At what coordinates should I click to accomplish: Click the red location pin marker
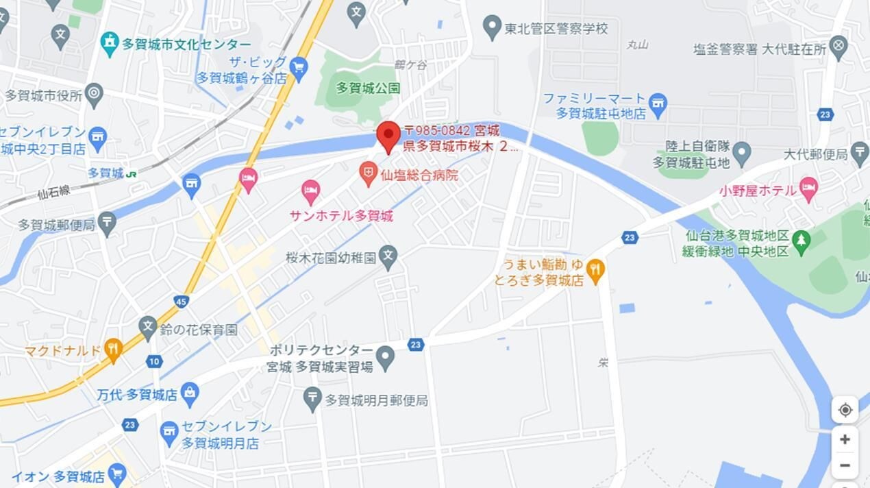coord(388,134)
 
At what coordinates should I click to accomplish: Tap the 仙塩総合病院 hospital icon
coord(369,173)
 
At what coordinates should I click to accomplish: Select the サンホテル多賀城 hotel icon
coord(311,191)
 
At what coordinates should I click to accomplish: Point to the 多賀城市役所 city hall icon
coord(94,94)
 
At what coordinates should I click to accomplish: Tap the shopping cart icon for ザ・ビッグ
coord(298,67)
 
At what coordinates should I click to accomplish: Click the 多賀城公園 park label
coord(368,88)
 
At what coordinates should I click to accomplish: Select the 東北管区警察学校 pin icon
coord(492,27)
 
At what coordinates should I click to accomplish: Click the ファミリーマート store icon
coord(658,104)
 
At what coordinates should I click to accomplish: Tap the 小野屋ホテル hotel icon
coord(809,188)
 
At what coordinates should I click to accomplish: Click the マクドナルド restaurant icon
coord(113,350)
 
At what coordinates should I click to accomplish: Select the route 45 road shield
coord(181,301)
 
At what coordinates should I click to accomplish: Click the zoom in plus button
coord(845,439)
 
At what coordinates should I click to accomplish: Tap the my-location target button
coord(845,410)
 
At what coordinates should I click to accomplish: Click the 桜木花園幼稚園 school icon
coord(388,257)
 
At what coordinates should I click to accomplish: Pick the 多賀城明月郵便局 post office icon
coord(312,398)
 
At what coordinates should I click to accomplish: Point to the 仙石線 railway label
coord(54,193)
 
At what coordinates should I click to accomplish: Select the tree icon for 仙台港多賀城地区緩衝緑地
coord(800,240)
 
